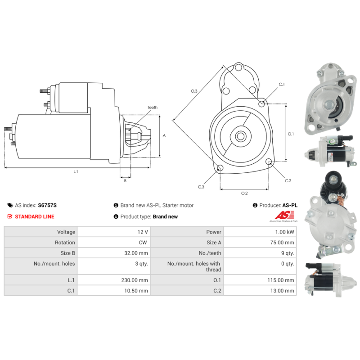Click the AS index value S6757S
(x=47, y=205)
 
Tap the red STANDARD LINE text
(x=35, y=216)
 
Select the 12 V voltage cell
(x=143, y=232)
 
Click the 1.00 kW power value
(x=284, y=232)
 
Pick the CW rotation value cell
(x=143, y=243)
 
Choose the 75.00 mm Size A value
(x=282, y=243)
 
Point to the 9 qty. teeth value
(x=288, y=253)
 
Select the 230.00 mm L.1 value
(x=135, y=280)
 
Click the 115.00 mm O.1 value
(x=280, y=280)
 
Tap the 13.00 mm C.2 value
(x=282, y=291)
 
